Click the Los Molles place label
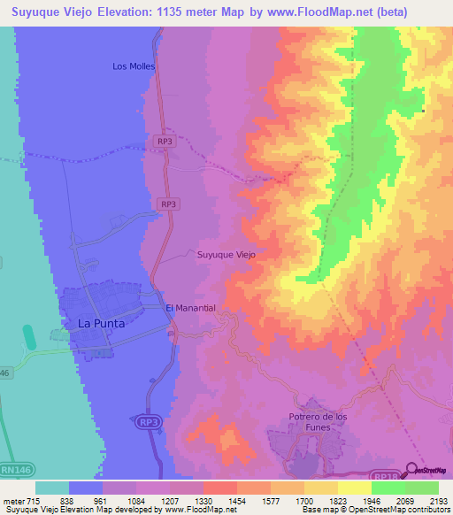coord(134,66)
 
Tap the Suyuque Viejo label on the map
coord(225,254)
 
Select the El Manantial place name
coord(191,307)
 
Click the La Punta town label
coord(102,324)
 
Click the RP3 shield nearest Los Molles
coord(164,141)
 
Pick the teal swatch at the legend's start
coord(52,488)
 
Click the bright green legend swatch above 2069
coord(388,488)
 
